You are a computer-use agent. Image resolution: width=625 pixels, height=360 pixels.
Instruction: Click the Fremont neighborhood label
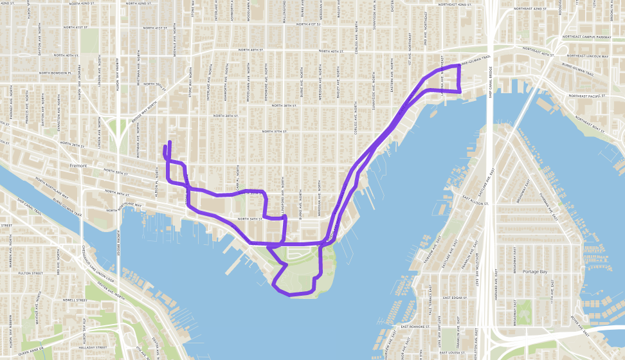77,165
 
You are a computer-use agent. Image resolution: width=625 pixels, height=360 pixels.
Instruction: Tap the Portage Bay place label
536,271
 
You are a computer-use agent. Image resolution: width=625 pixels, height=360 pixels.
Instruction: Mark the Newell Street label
74,300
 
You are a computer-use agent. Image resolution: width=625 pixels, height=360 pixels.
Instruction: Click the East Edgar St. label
457,298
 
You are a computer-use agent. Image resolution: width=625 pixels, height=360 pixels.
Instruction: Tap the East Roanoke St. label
415,327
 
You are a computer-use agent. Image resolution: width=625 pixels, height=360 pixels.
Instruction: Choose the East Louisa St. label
453,352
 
